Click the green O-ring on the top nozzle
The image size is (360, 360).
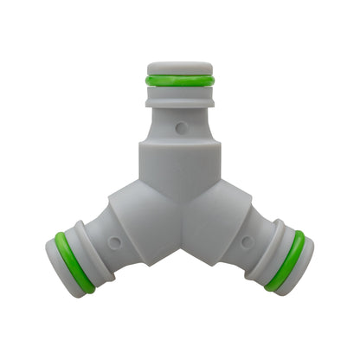click(179, 80)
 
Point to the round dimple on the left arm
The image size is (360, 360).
click(111, 241)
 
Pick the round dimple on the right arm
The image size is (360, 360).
click(247, 241)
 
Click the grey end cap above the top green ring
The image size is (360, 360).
click(179, 67)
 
